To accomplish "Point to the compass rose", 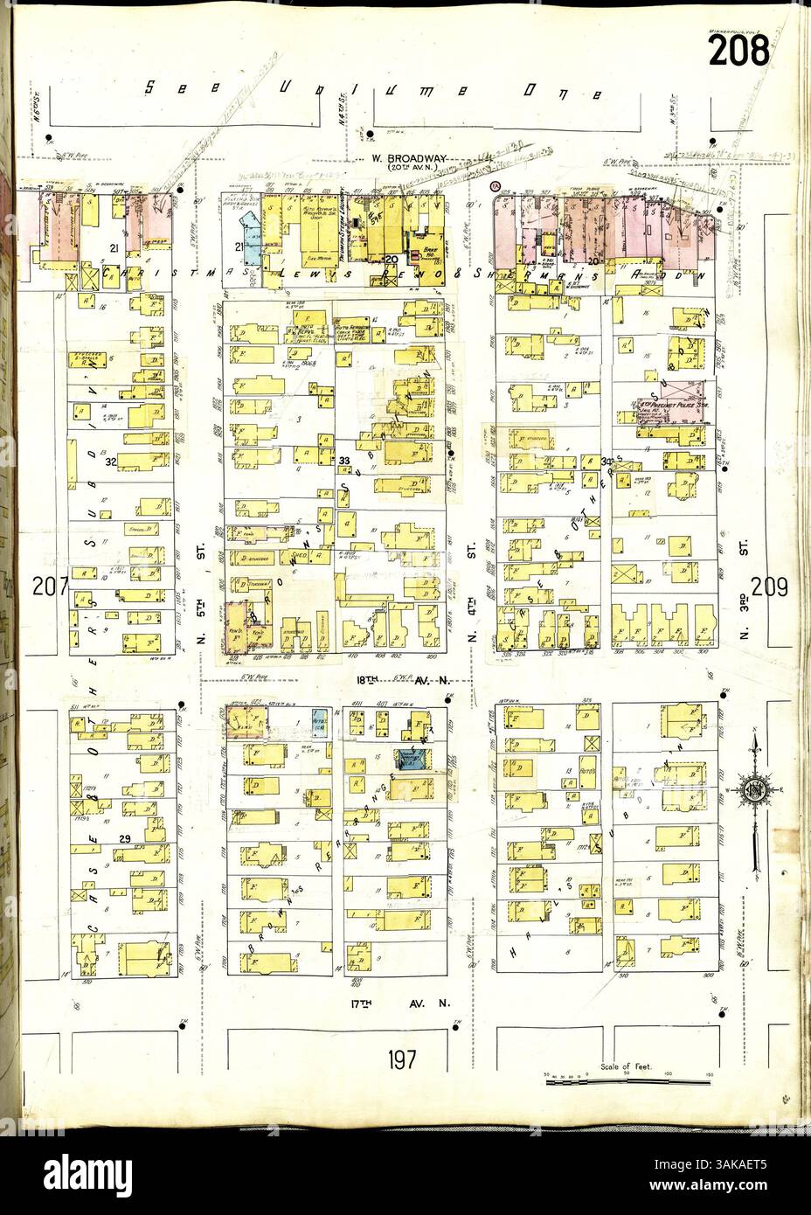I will click(x=753, y=792).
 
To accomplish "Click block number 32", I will click(x=111, y=461).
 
